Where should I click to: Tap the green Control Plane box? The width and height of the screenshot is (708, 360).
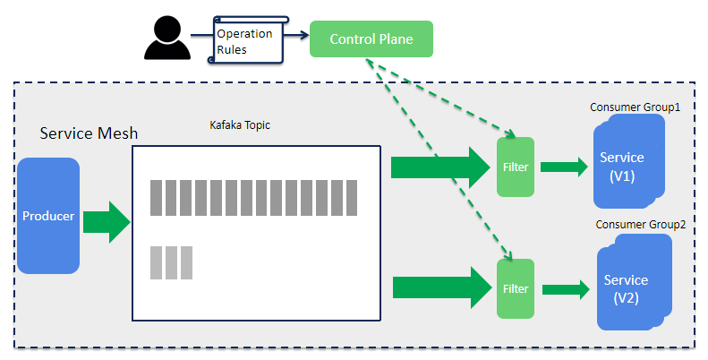371,39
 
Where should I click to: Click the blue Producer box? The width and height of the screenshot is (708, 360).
48,216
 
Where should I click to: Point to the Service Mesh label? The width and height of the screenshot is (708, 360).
89,133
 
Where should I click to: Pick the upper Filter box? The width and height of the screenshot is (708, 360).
515,167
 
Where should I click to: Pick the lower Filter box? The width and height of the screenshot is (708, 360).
515,288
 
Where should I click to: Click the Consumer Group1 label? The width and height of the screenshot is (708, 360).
635,107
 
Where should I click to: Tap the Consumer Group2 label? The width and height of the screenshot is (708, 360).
640,224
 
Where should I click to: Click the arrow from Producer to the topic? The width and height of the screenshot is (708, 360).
107,222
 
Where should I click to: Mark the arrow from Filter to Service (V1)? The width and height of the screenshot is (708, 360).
564,167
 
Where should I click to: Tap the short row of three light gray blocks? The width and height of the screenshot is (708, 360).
171,261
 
